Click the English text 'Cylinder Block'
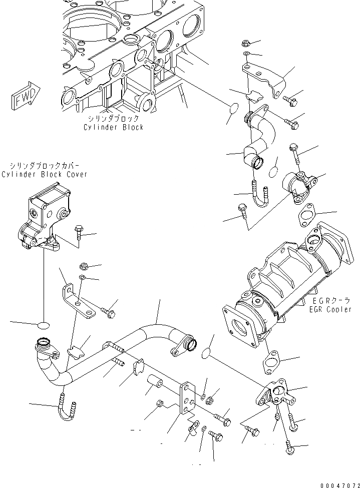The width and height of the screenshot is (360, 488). tap(113, 127)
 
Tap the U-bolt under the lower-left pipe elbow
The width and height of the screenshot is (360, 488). tap(67, 408)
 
